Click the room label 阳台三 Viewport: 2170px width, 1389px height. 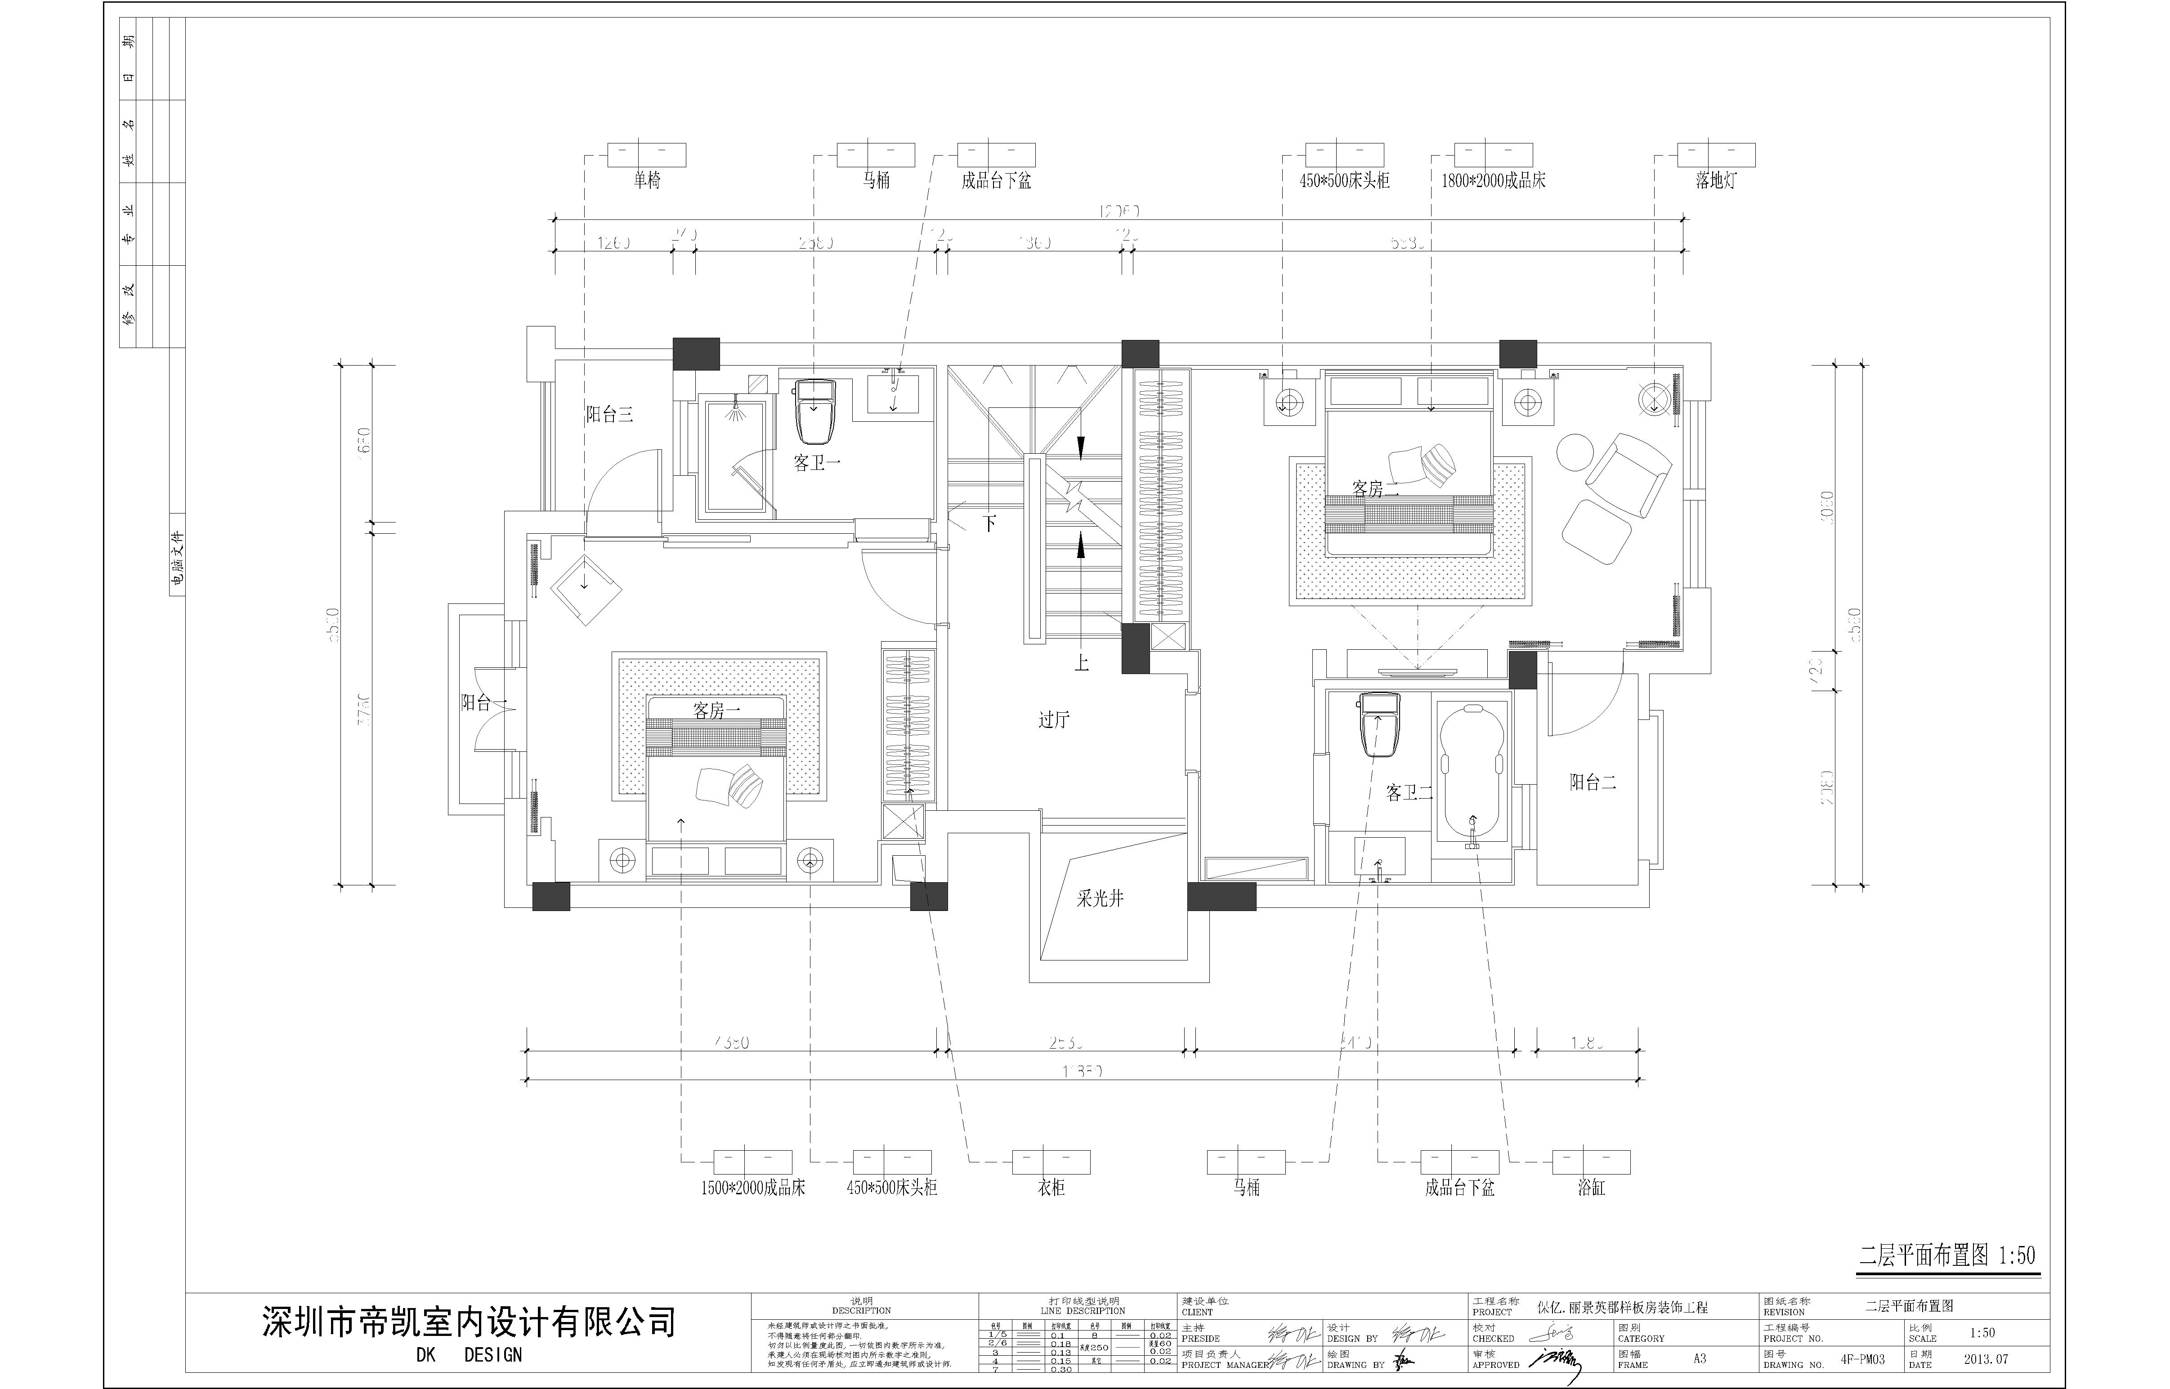pos(610,415)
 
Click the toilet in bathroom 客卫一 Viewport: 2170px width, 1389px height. pos(816,411)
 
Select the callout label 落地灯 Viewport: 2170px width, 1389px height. pos(1715,180)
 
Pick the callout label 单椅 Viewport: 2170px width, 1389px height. pos(647,180)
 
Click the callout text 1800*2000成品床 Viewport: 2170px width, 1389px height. pos(1494,180)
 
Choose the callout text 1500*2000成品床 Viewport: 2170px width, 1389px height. pos(753,1188)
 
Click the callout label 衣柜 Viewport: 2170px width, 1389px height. pos(1051,1188)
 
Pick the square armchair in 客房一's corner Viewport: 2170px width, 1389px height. pos(586,586)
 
